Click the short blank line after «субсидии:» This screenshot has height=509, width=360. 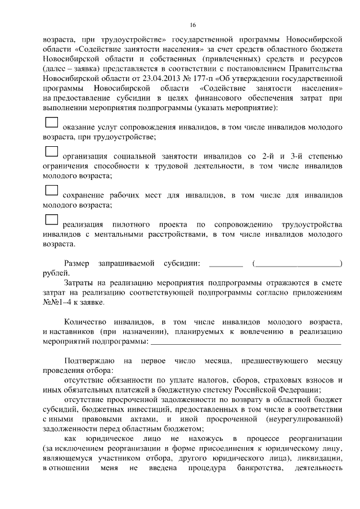coord(226,263)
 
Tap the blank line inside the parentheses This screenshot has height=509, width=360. coord(298,263)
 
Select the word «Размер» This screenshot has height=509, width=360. coord(77,263)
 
